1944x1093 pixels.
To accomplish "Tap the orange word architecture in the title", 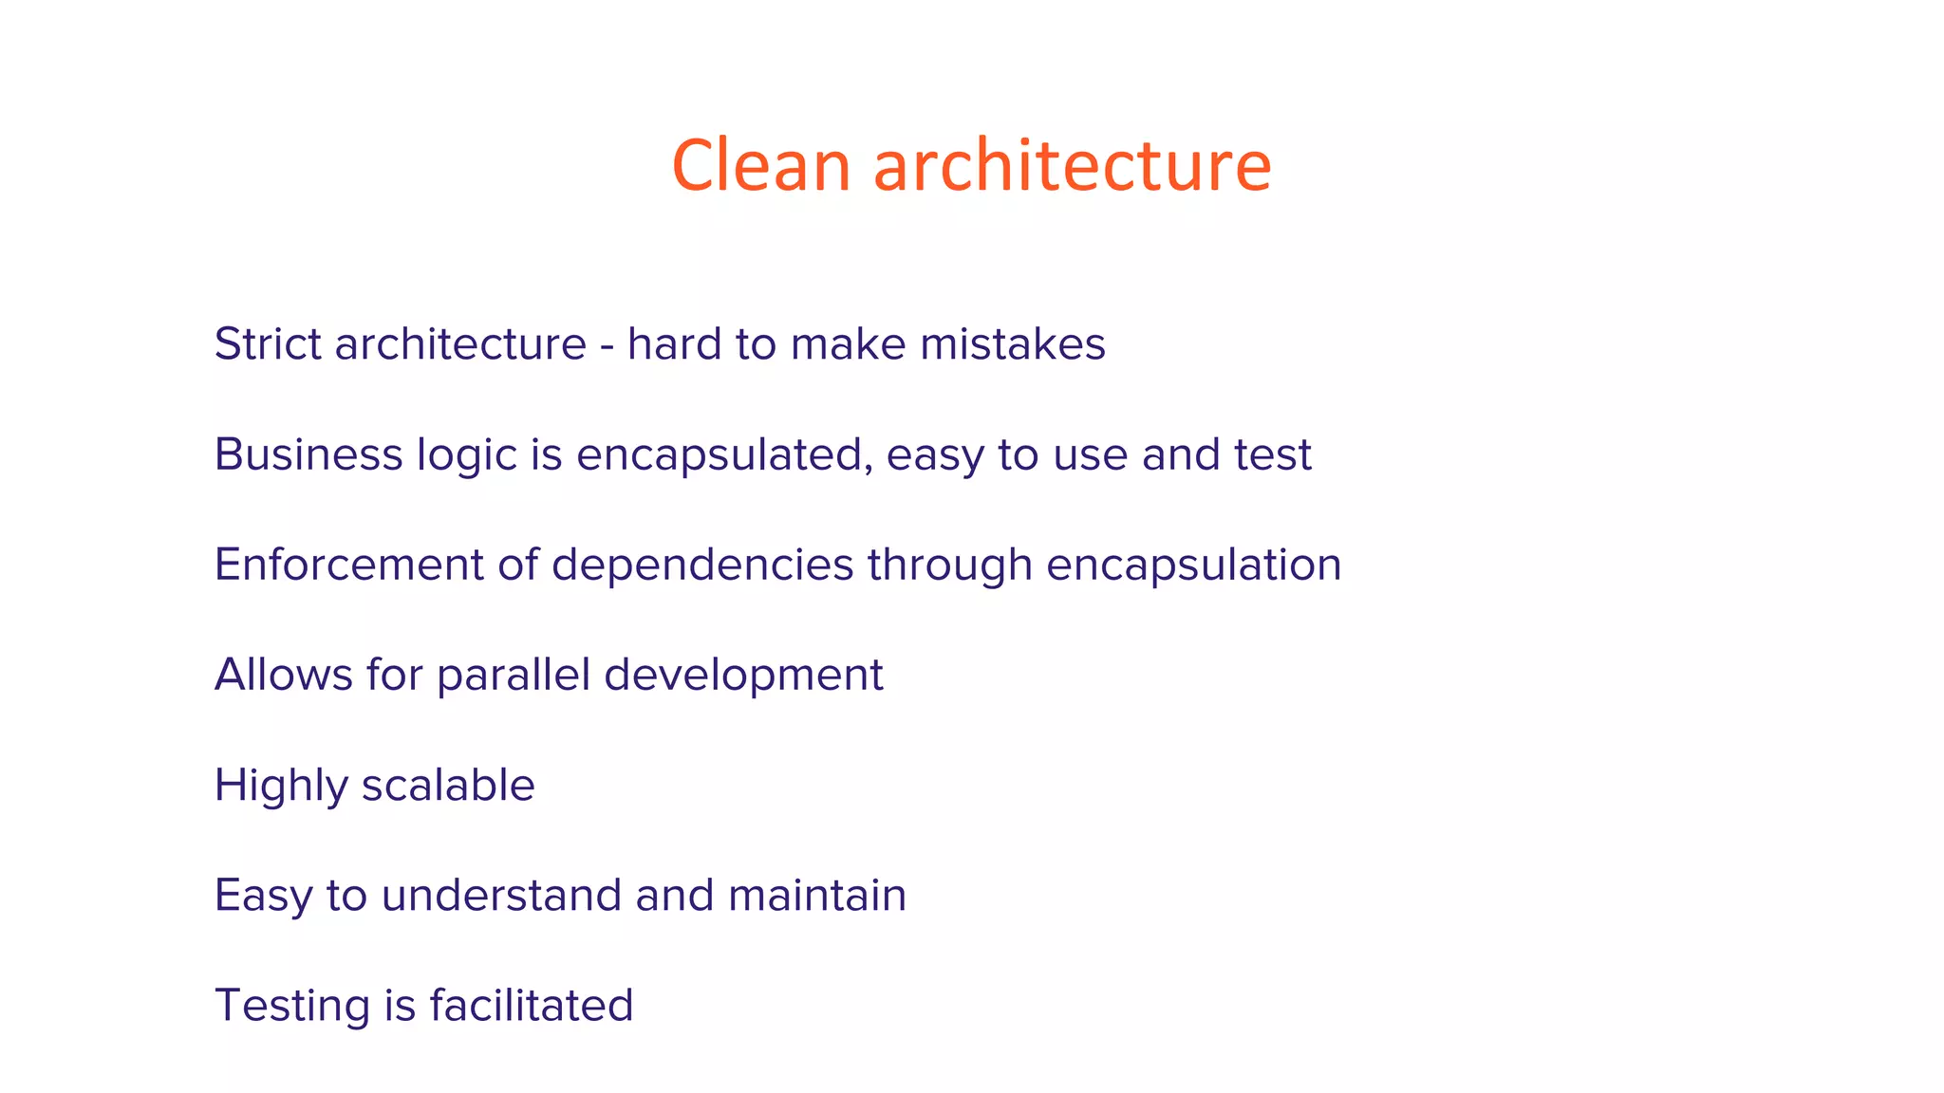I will tap(1072, 165).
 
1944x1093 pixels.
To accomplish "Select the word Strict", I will tap(268, 343).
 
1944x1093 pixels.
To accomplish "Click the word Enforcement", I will tap(349, 565).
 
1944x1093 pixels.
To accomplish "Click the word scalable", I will tap(448, 785).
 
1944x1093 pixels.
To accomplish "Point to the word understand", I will tap(501, 895).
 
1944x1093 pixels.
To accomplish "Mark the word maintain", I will tap(817, 895).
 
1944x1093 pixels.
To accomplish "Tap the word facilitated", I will tap(532, 1005).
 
